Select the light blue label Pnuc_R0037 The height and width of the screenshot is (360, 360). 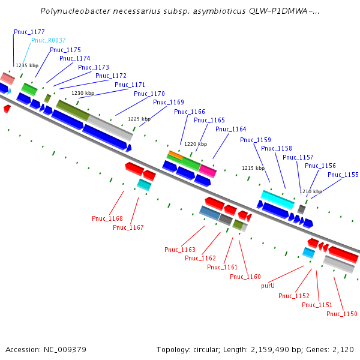coord(49,40)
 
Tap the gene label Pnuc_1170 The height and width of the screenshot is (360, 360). coord(149,94)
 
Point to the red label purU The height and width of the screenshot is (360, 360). coord(268,286)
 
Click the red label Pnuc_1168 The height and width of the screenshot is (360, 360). coord(107,218)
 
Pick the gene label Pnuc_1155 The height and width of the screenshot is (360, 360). coord(343,175)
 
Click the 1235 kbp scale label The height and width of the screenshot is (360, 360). coord(26,65)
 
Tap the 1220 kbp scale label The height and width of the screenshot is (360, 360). coord(196,144)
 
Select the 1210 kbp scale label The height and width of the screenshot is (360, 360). coord(311,192)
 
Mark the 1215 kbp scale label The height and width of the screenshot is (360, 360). coord(253,168)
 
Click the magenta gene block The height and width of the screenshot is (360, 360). coord(208,171)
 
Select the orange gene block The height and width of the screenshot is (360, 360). coord(175,155)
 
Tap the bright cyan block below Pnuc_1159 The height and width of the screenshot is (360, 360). coord(277,199)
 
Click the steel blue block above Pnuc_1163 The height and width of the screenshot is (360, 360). coord(209,212)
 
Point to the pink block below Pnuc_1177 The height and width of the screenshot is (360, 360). coord(7,78)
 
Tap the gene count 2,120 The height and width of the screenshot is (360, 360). coord(343,349)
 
